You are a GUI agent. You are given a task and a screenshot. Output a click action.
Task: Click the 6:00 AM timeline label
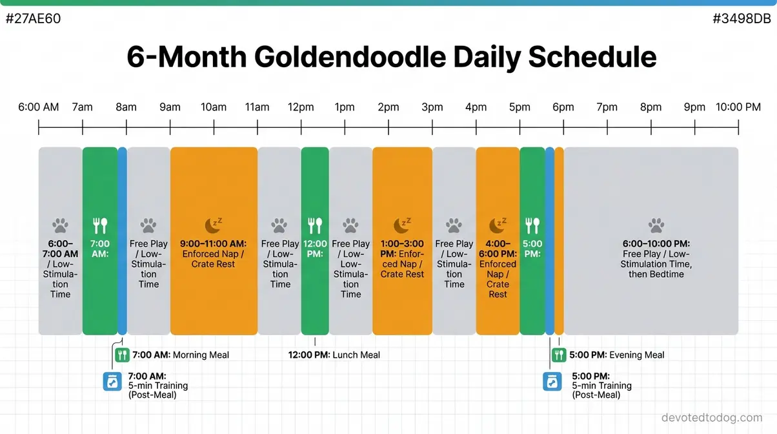(x=39, y=107)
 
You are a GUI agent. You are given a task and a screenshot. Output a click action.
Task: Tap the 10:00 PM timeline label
(x=738, y=107)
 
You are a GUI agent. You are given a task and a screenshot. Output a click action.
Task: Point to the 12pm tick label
(x=301, y=107)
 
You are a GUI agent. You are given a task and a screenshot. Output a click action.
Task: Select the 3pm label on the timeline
(x=432, y=107)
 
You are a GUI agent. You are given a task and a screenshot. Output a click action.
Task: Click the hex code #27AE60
(x=33, y=19)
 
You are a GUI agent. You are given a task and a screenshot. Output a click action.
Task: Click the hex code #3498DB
(x=742, y=19)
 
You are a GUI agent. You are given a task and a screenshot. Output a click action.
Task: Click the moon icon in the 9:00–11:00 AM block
(x=214, y=225)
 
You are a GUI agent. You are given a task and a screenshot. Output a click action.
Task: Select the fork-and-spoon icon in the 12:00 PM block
(x=315, y=225)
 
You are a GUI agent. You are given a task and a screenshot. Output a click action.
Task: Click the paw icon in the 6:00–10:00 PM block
(x=656, y=225)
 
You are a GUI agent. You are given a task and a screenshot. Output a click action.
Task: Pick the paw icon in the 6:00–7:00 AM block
(x=60, y=225)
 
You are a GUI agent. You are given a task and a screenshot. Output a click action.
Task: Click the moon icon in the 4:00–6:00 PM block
(x=498, y=225)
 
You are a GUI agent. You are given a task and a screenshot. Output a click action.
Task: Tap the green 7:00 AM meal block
(x=100, y=291)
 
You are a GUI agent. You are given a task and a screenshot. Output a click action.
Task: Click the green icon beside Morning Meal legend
(x=122, y=355)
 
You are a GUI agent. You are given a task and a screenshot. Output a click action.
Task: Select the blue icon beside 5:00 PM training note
(x=552, y=381)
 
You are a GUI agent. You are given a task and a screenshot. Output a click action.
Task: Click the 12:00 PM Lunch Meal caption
(x=334, y=355)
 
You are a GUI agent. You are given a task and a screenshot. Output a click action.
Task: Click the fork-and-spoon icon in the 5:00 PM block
(x=532, y=225)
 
